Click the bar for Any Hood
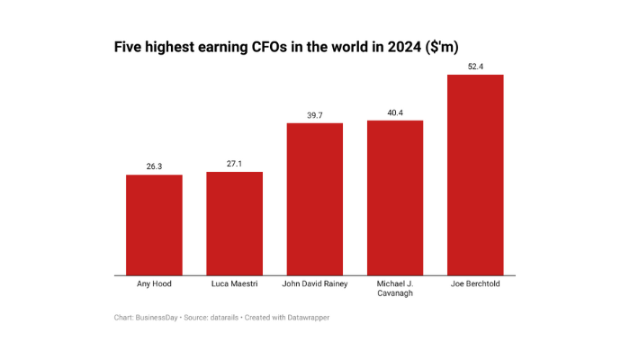coord(154,225)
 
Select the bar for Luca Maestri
coord(235,223)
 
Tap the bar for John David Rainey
coord(315,199)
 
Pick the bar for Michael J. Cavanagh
coord(395,198)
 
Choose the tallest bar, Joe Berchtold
coord(475,175)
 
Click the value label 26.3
coord(154,166)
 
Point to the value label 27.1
coord(235,164)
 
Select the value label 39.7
coord(315,115)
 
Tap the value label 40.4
coord(395,112)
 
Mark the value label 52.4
coord(475,67)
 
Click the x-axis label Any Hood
coord(154,283)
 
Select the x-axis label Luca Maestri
coord(235,283)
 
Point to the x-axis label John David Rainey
coord(315,283)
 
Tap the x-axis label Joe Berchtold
coord(475,283)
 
